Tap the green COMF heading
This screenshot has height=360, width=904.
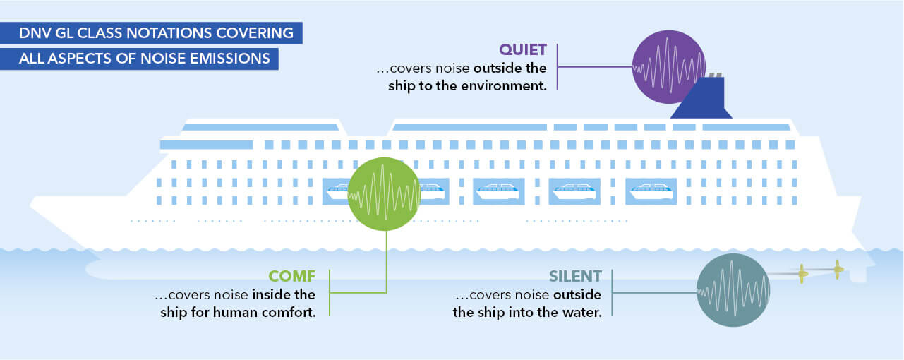click(291, 276)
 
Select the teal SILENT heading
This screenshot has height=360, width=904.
click(576, 276)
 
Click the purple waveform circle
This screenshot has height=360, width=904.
click(668, 67)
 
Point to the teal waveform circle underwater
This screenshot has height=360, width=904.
click(732, 290)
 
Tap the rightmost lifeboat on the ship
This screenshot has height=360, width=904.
click(651, 191)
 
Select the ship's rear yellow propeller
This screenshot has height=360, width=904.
click(838, 269)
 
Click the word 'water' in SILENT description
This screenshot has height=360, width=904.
click(580, 312)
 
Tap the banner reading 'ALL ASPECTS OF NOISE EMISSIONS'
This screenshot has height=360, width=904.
click(145, 59)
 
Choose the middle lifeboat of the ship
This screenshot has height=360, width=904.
click(498, 191)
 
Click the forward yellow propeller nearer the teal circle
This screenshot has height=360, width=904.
click(802, 273)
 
